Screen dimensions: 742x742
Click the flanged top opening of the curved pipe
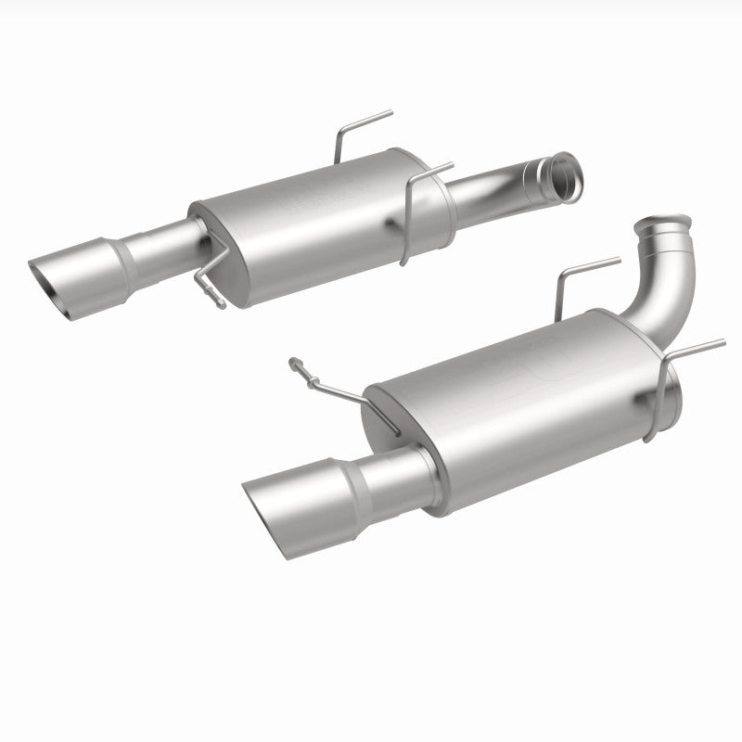(664, 226)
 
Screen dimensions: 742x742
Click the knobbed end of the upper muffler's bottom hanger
(220, 301)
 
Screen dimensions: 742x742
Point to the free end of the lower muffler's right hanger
(723, 341)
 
